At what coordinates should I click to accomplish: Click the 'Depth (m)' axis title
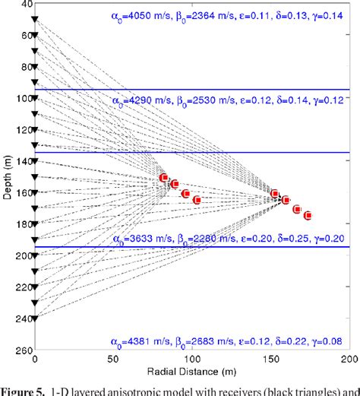coord(7,176)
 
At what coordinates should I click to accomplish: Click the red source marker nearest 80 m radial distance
coord(164,178)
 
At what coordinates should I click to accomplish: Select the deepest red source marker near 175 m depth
coord(308,216)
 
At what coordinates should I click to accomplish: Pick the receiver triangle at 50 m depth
coord(35,36)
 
